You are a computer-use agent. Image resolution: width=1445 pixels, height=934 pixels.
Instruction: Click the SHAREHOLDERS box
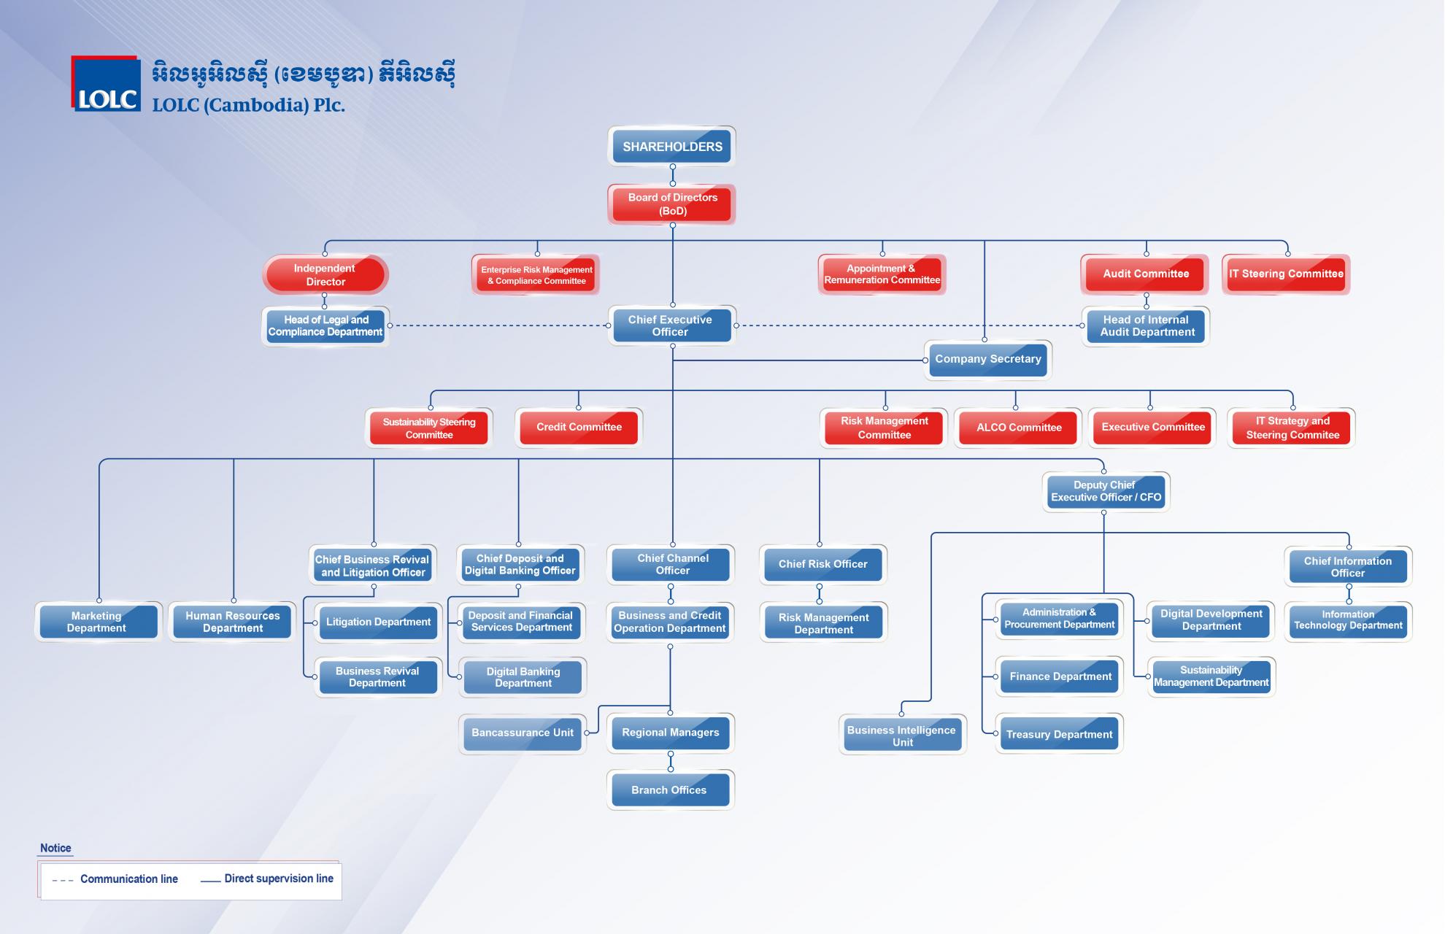(x=672, y=146)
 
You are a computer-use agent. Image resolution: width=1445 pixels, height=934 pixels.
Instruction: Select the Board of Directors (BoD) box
(x=672, y=204)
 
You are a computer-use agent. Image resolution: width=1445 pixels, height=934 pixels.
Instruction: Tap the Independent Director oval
(x=325, y=274)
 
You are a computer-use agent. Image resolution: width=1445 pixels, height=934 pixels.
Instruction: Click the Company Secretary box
(x=988, y=359)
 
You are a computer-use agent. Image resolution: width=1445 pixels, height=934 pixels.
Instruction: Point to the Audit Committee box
(x=1145, y=274)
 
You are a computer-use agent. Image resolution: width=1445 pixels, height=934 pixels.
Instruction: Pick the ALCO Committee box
(x=1018, y=428)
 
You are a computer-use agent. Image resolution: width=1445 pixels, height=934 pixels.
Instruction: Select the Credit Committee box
(x=579, y=428)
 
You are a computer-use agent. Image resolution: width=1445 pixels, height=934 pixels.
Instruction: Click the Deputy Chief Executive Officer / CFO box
(x=1106, y=491)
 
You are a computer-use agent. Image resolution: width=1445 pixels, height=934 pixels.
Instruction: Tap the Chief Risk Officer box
(x=823, y=564)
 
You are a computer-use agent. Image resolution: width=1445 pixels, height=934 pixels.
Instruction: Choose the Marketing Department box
(x=98, y=622)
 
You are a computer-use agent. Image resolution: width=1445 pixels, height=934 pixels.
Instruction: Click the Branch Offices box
(x=670, y=790)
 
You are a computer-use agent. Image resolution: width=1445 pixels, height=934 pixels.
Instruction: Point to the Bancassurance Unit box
(x=523, y=733)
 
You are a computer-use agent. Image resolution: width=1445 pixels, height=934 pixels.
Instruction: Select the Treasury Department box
(x=1060, y=734)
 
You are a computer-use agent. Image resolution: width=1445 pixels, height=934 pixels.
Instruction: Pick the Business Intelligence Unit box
(x=903, y=736)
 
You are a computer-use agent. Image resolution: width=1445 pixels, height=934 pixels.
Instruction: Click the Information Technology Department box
(x=1348, y=621)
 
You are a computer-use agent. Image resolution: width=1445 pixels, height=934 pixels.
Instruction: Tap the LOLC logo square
(x=106, y=84)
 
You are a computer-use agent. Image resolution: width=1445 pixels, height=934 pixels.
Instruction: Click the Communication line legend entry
(x=115, y=879)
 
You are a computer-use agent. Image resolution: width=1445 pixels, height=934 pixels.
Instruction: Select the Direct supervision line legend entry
(x=267, y=879)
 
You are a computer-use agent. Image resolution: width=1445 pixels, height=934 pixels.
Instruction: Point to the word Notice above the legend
(x=55, y=848)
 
